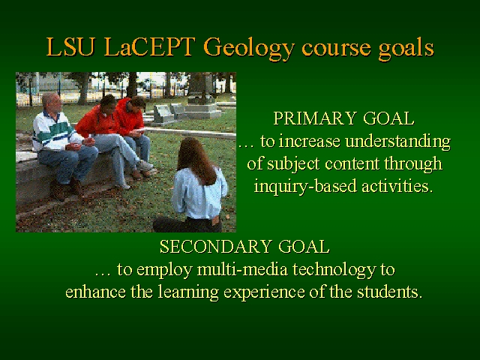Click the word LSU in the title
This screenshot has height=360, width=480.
(70, 46)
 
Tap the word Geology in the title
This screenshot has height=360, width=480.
(248, 49)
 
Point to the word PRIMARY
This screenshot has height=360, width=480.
(315, 118)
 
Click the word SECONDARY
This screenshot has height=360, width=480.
(216, 247)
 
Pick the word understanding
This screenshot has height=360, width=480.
(397, 142)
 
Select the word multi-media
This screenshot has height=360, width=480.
(242, 269)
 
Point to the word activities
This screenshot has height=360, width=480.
(397, 186)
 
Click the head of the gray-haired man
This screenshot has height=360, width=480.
(52, 103)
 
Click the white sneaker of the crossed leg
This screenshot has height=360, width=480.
(145, 166)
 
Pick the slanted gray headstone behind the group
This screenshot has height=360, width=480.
(163, 115)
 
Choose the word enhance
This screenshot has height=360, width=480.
(95, 292)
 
